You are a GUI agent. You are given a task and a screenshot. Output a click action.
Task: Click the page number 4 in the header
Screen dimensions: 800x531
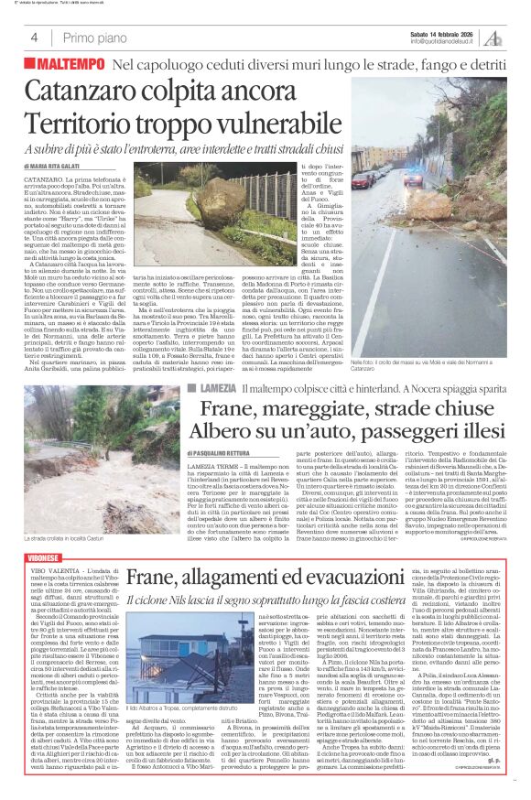click(x=34, y=38)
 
